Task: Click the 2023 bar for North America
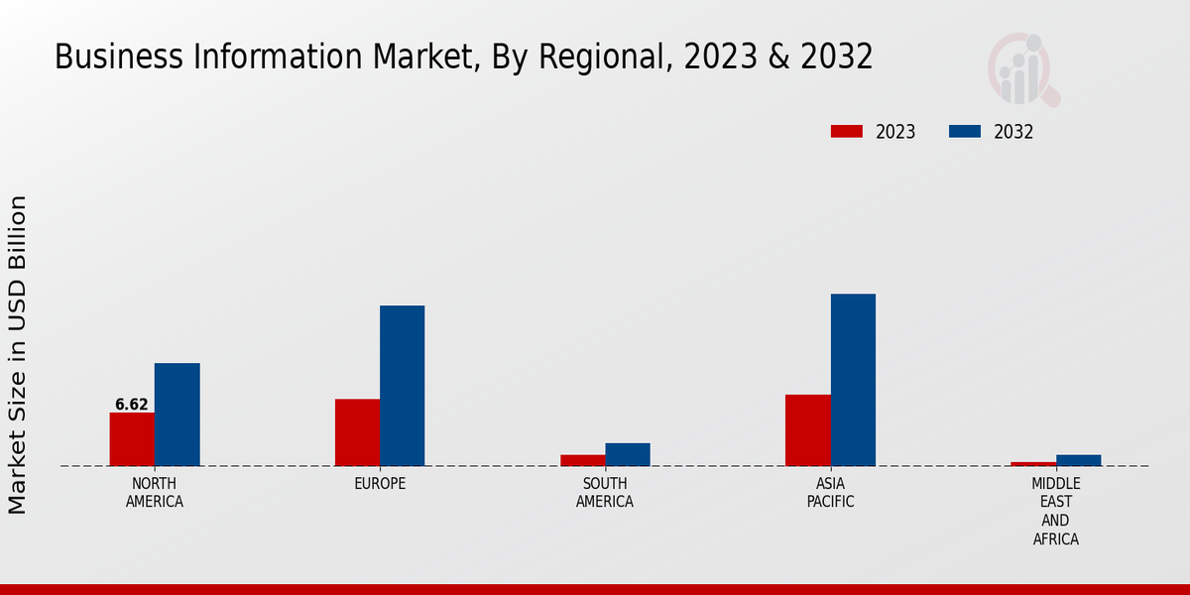[132, 439]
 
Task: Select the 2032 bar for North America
[177, 415]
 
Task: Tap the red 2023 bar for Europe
[357, 432]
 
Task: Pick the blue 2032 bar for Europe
[402, 386]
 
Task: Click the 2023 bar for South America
[582, 460]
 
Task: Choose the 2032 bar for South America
[628, 454]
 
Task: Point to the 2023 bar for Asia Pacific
[807, 430]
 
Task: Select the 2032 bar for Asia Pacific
[853, 380]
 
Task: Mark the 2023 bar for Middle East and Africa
[1033, 463]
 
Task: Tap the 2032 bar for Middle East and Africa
[1078, 460]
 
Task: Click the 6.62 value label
[132, 405]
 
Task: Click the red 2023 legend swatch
[846, 132]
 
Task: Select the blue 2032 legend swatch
[965, 132]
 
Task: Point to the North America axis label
[155, 492]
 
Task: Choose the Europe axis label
[380, 484]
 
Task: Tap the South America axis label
[605, 492]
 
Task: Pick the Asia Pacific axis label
[830, 492]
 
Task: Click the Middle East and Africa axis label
[1055, 511]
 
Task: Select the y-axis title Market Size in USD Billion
[18, 355]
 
